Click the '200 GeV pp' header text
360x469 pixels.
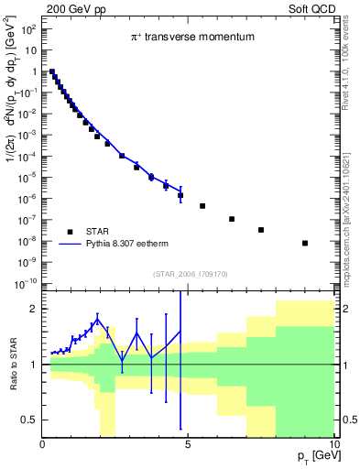[70, 8]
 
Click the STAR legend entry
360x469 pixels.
[98, 230]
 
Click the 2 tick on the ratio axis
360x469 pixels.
[34, 309]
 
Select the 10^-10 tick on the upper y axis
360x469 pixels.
[26, 283]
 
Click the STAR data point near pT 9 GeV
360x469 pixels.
[304, 243]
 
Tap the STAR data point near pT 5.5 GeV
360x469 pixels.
[202, 206]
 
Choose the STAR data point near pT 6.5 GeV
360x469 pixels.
[232, 219]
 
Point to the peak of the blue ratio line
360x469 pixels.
[97, 317]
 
